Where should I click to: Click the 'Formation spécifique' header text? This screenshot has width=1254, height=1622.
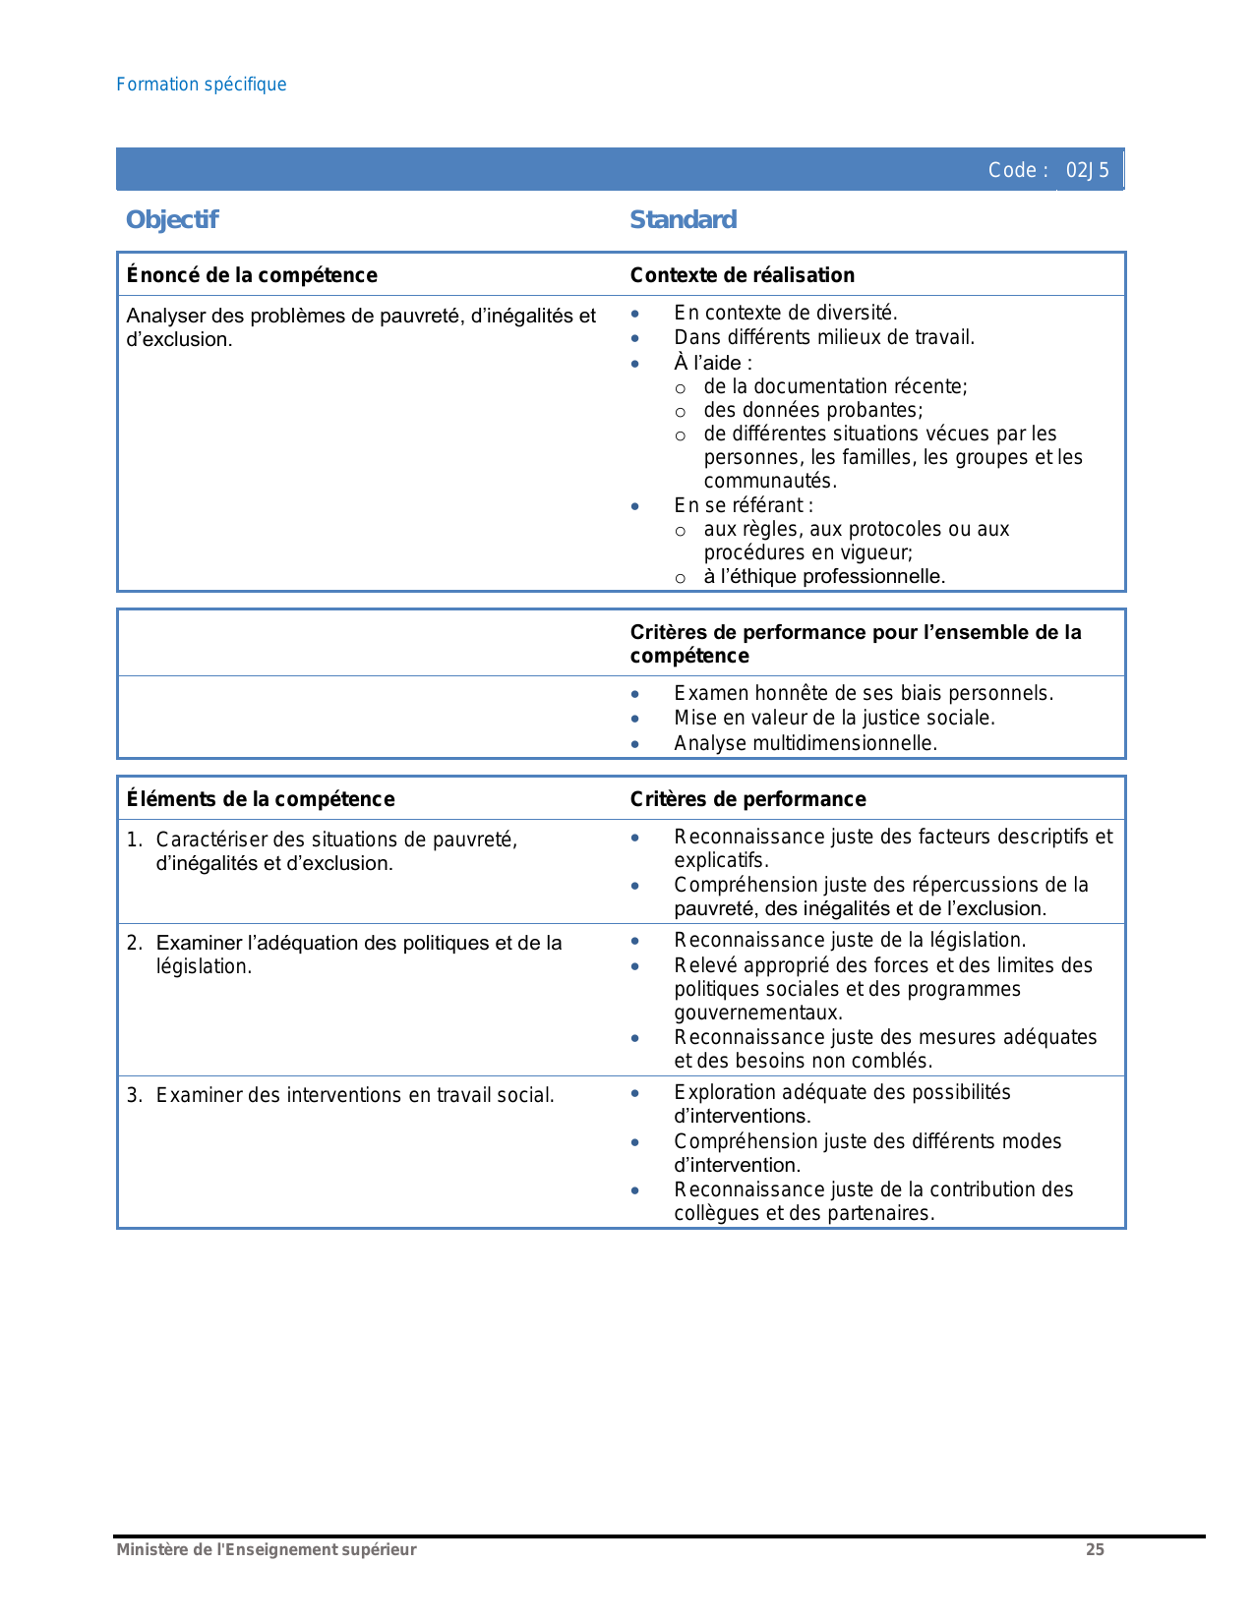click(202, 85)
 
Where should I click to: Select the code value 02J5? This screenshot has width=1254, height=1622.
click(1088, 170)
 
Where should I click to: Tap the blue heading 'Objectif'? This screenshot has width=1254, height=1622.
click(172, 219)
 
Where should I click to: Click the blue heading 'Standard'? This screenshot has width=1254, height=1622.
click(683, 219)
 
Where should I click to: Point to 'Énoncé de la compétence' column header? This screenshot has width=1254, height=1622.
click(252, 275)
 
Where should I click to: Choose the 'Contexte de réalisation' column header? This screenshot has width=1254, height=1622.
click(743, 275)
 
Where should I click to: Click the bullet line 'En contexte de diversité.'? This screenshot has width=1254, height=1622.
click(786, 313)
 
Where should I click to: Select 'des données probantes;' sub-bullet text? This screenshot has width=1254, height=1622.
click(813, 410)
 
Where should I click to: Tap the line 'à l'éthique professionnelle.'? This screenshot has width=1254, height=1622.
click(824, 576)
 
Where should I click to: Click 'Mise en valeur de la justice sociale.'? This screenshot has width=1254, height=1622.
click(834, 718)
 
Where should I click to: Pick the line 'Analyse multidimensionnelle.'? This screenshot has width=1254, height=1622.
click(806, 743)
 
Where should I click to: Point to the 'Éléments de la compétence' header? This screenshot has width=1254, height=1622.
click(261, 799)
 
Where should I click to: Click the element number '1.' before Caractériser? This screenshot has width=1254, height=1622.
click(135, 840)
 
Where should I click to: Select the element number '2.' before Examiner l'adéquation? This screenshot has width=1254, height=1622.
click(135, 943)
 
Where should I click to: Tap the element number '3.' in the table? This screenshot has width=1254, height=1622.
click(135, 1095)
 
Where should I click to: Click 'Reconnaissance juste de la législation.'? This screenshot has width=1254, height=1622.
click(850, 940)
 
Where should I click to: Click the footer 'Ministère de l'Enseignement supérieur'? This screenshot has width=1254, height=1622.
click(267, 1550)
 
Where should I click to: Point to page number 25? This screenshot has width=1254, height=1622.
click(1095, 1550)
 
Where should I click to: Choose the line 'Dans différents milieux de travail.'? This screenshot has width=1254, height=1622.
click(824, 337)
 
